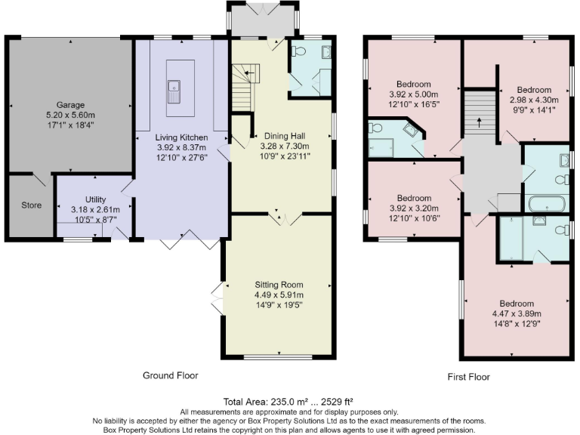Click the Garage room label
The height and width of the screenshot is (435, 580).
pos(70,105)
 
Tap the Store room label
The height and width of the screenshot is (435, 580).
pos(31,205)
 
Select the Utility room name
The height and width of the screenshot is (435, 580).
pos(95,199)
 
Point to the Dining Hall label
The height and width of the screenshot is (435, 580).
pos(279,135)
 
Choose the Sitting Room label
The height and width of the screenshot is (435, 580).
pos(279,285)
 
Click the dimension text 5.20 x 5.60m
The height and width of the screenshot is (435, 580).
pos(70,116)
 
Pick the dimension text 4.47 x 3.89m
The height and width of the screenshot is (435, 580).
pos(517,313)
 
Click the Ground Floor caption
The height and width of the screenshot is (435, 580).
pos(171,375)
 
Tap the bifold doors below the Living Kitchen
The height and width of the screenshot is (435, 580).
pos(184,242)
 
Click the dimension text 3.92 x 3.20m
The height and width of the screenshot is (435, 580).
pos(414,209)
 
